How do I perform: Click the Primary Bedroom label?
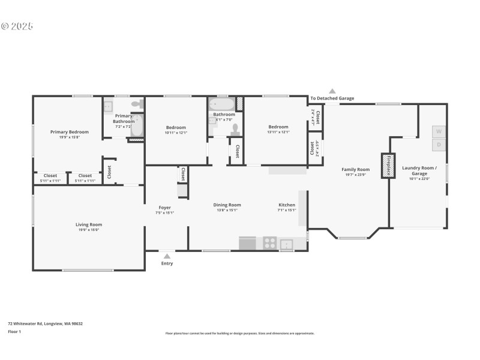pyautogui.click(x=70, y=132)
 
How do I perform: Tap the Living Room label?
pyautogui.click(x=88, y=224)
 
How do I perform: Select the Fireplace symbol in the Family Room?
pyautogui.click(x=387, y=165)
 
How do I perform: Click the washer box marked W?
pyautogui.click(x=439, y=131)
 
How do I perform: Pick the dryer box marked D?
pyautogui.click(x=439, y=145)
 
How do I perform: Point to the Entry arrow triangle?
pyautogui.click(x=167, y=256)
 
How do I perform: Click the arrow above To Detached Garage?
pyautogui.click(x=332, y=91)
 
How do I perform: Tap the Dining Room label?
pyautogui.click(x=227, y=205)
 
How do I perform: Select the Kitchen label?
pyautogui.click(x=286, y=205)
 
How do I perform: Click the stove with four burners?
pyautogui.click(x=270, y=244)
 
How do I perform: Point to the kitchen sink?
pyautogui.click(x=286, y=244)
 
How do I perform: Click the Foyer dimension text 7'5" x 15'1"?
pyautogui.click(x=164, y=212)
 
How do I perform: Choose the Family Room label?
pyautogui.click(x=355, y=170)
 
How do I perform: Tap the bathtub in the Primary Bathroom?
pyautogui.click(x=137, y=125)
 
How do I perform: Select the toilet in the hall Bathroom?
pyautogui.click(x=235, y=130)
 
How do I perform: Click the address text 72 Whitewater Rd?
pyautogui.click(x=45, y=323)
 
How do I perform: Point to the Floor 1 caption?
pyautogui.click(x=14, y=331)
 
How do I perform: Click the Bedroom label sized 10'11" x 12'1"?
pyautogui.click(x=176, y=127)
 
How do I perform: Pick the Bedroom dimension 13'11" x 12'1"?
pyautogui.click(x=278, y=132)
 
